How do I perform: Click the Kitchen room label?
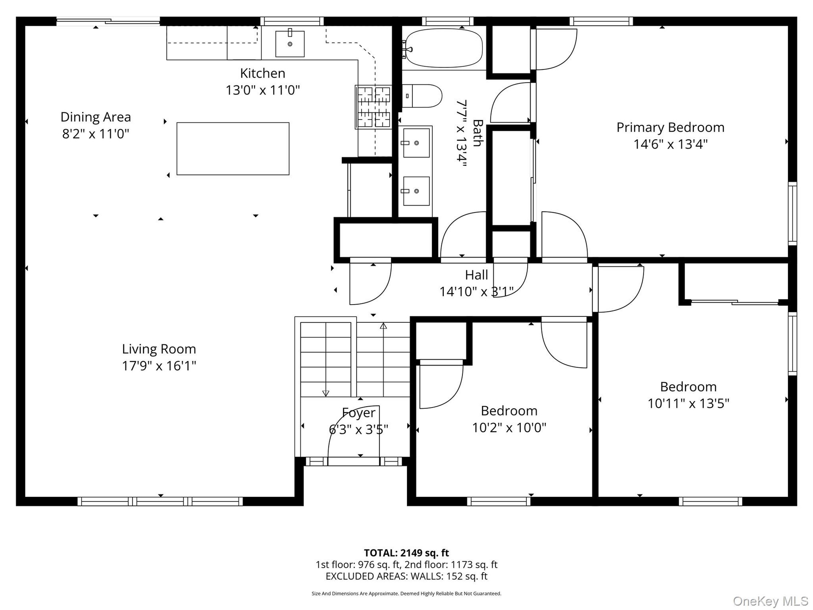263,73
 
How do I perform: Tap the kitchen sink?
290,43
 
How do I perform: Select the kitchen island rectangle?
233,149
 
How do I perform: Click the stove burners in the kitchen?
373,107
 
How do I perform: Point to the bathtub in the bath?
444,48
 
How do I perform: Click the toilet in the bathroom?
422,96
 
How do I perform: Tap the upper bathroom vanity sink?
416,143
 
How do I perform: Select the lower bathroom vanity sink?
416,191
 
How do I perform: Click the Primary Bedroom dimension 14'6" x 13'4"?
670,144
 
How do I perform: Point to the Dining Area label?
96,117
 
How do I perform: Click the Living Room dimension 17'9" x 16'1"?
159,366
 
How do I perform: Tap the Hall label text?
476,275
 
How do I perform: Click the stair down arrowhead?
326,394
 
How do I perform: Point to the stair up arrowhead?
383,326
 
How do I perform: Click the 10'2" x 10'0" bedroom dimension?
509,428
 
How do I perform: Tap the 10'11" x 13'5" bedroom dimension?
689,404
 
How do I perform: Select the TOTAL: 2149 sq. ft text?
406,553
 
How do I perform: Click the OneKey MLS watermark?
771,601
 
